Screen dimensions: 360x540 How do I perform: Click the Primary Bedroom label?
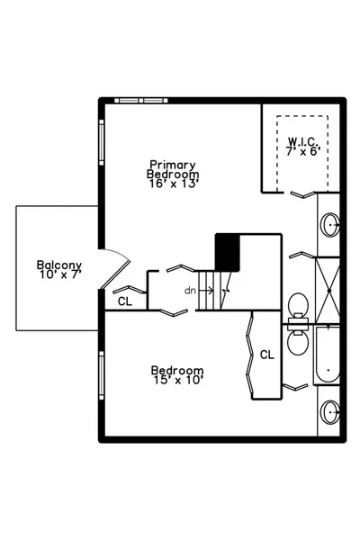[x=173, y=169]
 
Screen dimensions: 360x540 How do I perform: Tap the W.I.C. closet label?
[x=303, y=141]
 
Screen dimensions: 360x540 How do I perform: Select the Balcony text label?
[x=59, y=265]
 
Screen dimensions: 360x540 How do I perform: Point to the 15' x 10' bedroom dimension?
[x=178, y=380]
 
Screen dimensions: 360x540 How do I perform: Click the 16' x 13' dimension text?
[x=174, y=184]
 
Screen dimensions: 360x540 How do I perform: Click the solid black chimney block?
[x=228, y=252]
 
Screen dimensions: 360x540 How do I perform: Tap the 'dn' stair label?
[x=190, y=291]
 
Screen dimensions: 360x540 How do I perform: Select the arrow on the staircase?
[x=206, y=291]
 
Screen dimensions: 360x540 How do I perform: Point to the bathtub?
[x=328, y=355]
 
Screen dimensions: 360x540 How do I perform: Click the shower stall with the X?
[x=328, y=291]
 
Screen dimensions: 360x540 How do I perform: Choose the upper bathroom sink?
[x=330, y=224]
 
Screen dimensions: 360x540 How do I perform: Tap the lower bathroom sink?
[x=330, y=411]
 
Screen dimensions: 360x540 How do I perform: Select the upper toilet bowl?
[x=298, y=304]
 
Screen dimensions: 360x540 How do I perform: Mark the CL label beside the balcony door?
[x=125, y=301]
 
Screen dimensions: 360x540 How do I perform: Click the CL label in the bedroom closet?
[x=267, y=355]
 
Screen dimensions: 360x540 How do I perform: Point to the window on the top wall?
[x=141, y=101]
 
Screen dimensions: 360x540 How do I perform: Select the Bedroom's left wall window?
[x=102, y=375]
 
